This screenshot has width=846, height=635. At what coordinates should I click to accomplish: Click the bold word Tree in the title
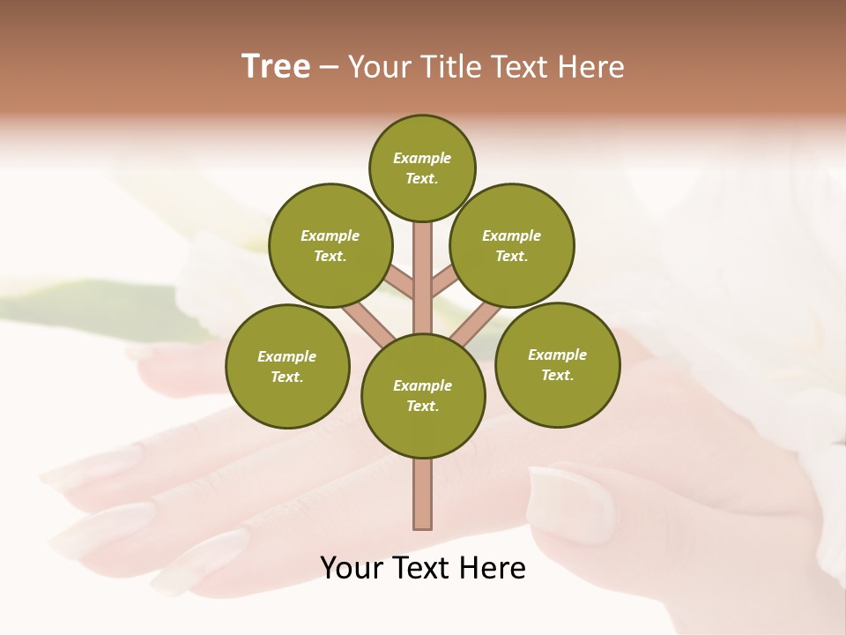coord(276,66)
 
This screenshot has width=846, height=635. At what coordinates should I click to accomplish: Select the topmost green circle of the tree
coord(422,168)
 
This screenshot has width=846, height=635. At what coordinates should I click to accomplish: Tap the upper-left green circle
coord(330,245)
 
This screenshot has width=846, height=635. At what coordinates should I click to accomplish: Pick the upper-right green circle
coord(512,245)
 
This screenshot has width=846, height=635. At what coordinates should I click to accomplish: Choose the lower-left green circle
coord(287,366)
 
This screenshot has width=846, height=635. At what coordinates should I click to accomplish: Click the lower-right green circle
coord(557,364)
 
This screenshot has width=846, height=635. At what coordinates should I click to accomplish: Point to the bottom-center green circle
coord(423,395)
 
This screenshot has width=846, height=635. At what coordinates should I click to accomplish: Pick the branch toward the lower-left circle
coord(368,324)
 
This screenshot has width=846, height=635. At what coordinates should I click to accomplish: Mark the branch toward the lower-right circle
coord(476,325)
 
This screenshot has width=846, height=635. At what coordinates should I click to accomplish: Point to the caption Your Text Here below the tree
coord(423,568)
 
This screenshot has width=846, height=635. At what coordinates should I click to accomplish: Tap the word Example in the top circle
coord(422,158)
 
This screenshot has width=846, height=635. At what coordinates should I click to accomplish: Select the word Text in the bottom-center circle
coord(422,406)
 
